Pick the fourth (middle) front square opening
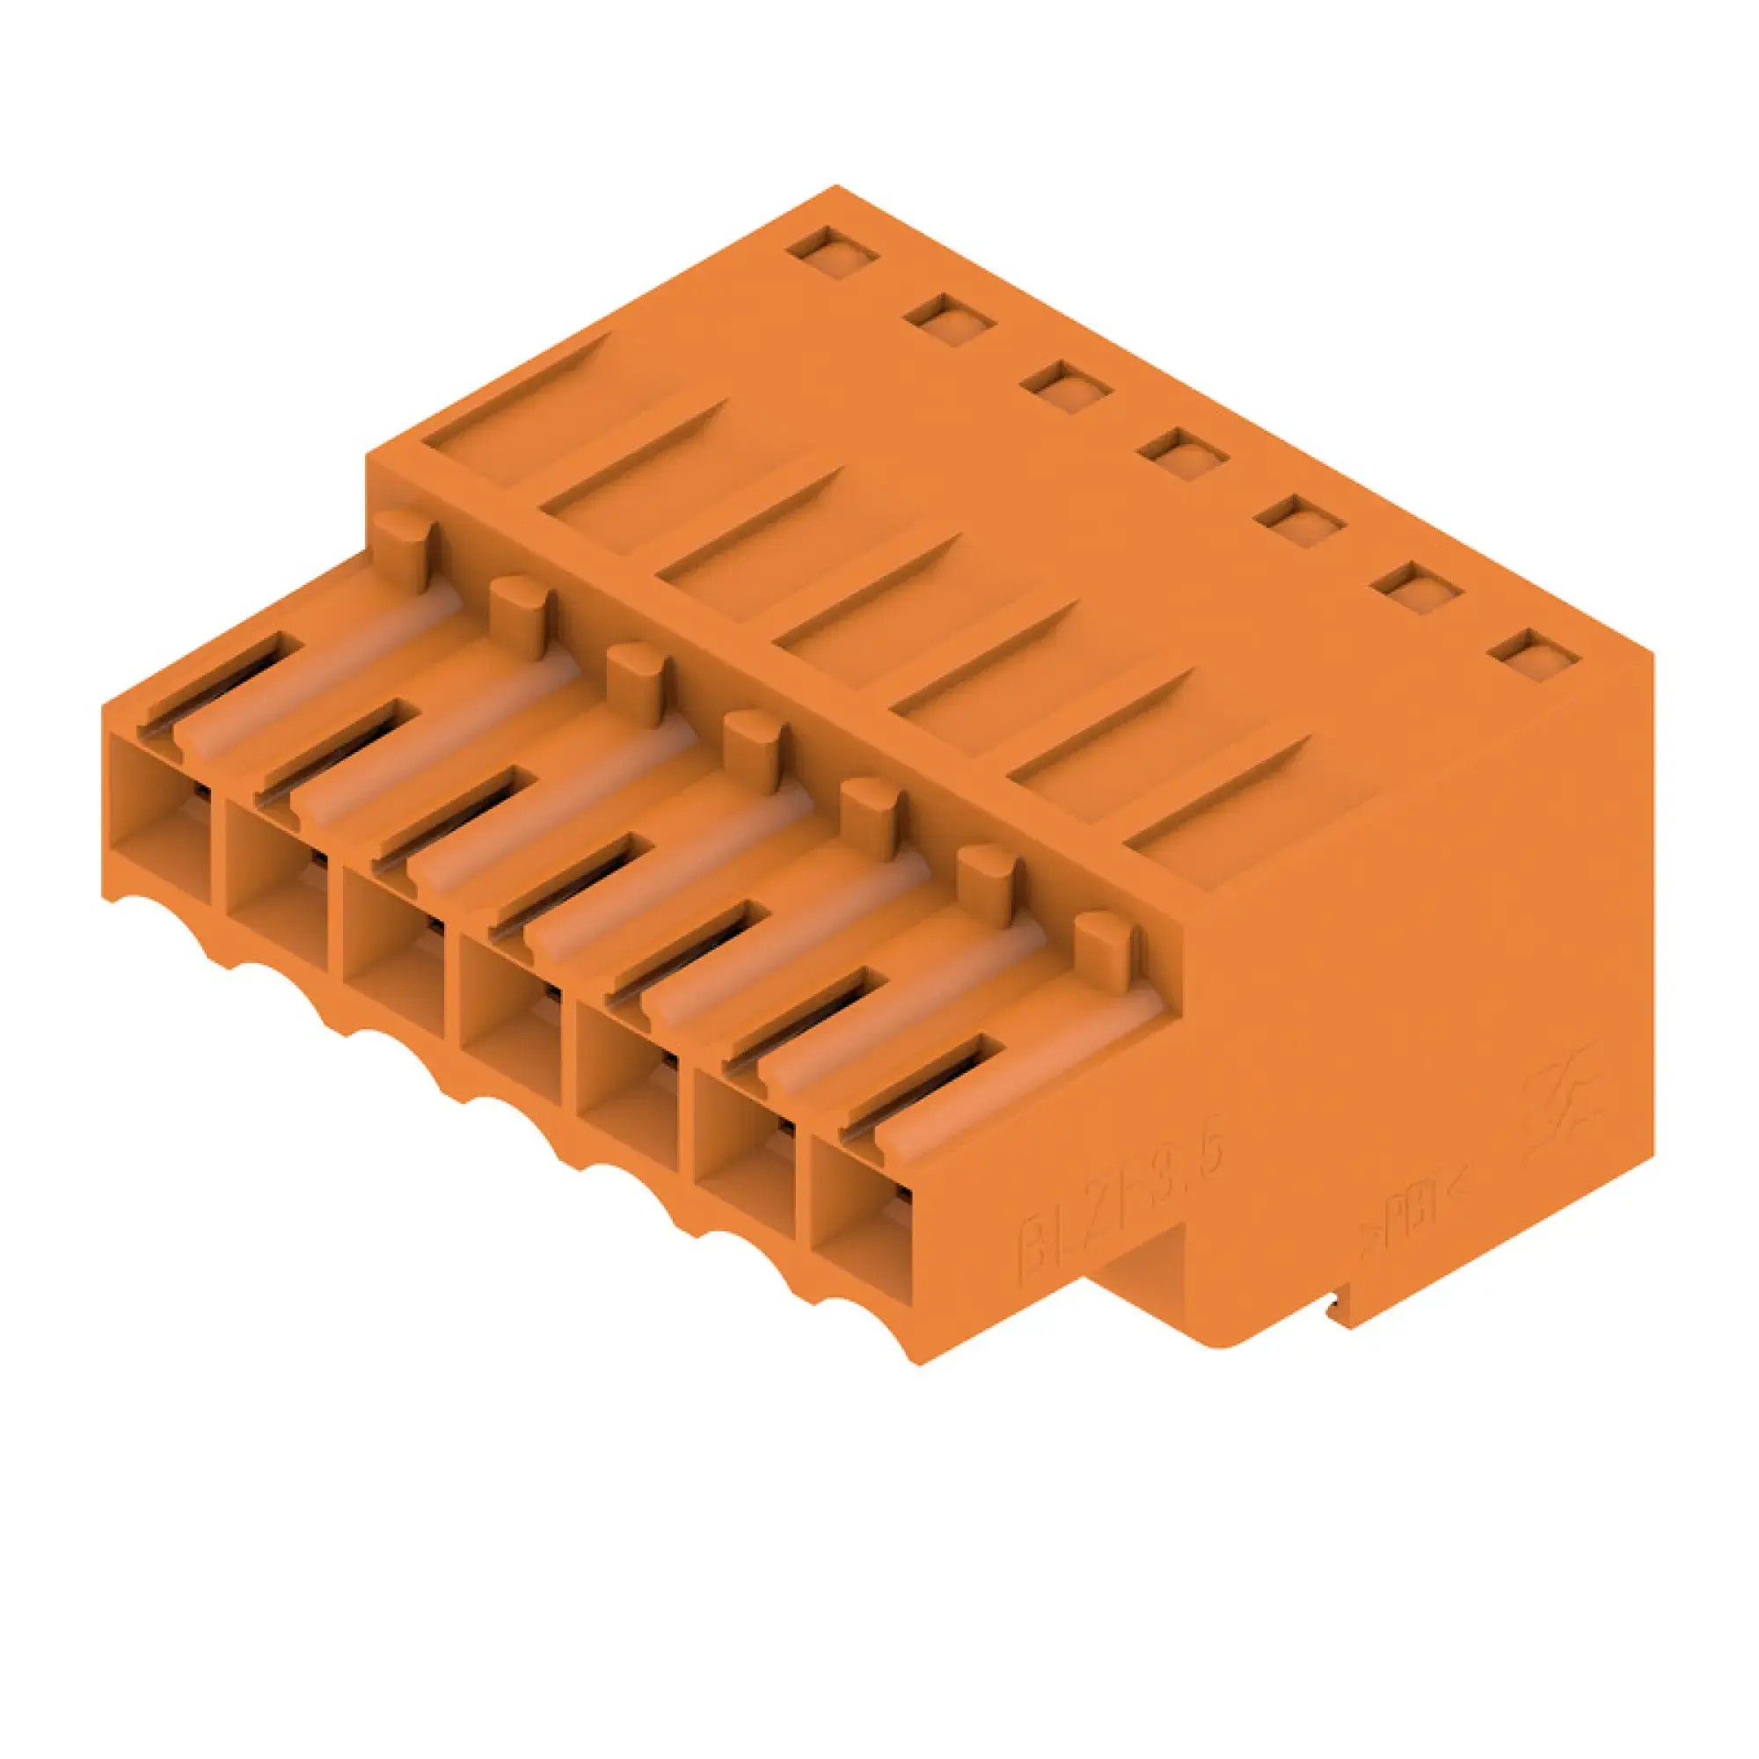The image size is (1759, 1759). click(x=510, y=1019)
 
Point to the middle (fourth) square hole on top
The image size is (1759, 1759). click(x=1183, y=449)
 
